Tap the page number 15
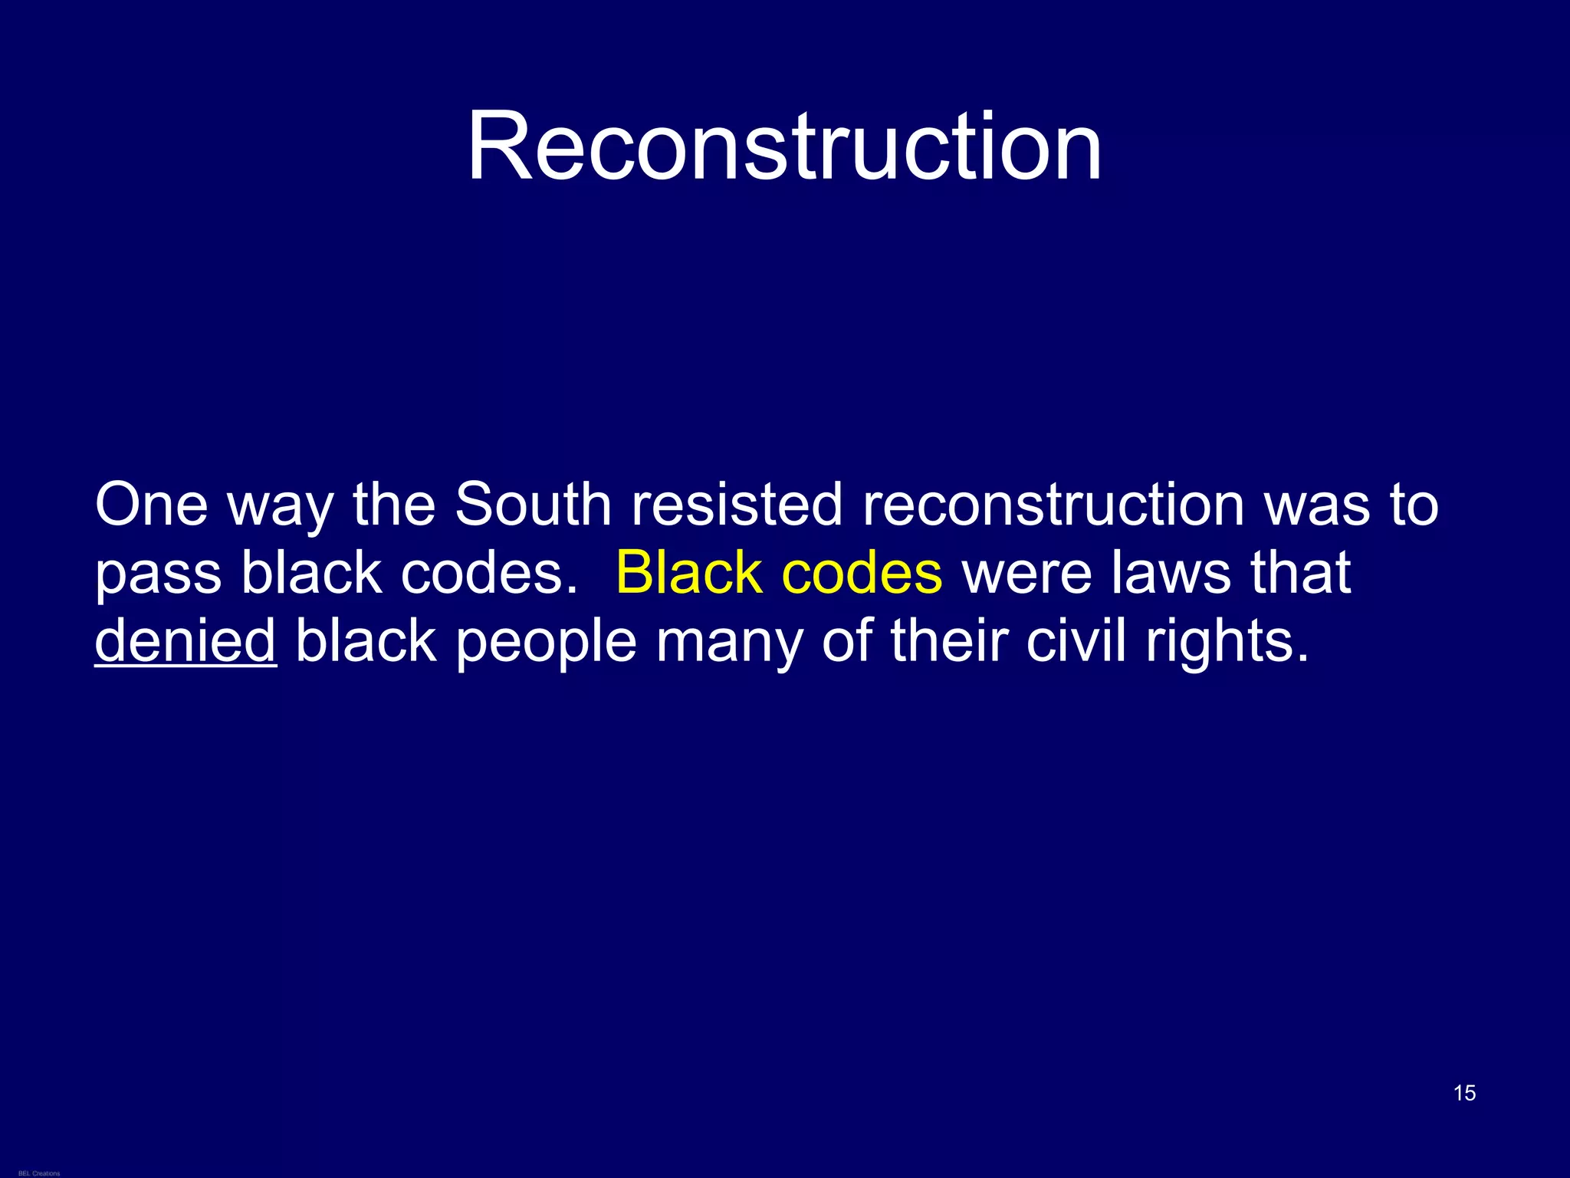pyautogui.click(x=1464, y=1093)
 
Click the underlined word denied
pyautogui.click(x=185, y=641)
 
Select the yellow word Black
pyautogui.click(x=688, y=573)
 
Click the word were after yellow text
pyautogui.click(x=1026, y=573)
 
